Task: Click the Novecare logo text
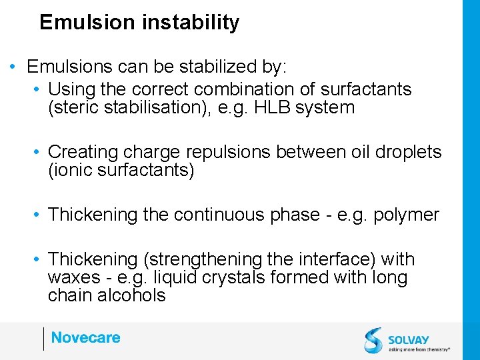[x=85, y=338]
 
